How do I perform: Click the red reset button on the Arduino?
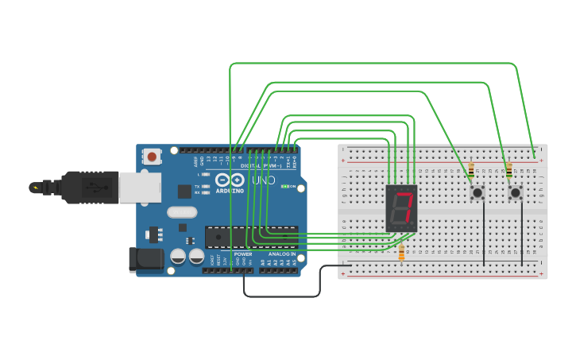151,157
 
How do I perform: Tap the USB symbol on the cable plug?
95,188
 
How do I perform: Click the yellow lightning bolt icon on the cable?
34,188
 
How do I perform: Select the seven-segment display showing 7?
401,207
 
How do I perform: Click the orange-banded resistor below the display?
401,253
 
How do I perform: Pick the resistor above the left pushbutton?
471,169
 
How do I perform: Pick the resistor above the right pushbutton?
509,169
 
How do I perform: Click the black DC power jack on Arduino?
145,259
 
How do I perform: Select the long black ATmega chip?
251,237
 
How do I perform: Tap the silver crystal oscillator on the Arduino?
182,212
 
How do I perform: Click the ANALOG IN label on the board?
281,254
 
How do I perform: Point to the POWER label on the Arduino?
242,254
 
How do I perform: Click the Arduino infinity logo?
231,180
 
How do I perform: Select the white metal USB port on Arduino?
139,188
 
